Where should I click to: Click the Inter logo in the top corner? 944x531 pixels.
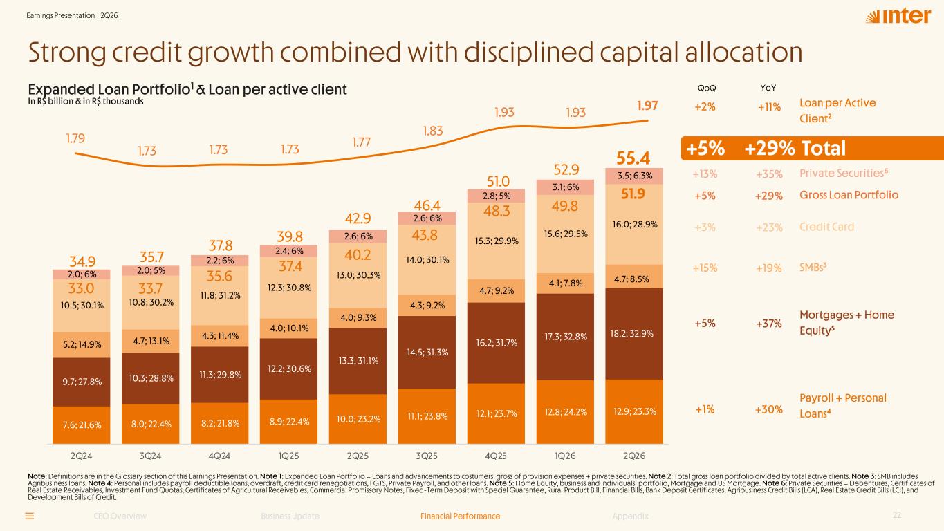click(x=898, y=16)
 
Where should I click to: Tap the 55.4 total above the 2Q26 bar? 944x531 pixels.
click(x=633, y=158)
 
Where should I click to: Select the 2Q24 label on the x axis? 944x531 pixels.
click(x=82, y=456)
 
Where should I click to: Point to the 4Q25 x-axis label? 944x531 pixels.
click(x=496, y=456)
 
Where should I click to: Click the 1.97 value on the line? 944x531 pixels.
click(x=647, y=105)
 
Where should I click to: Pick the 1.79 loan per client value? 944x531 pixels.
click(x=75, y=138)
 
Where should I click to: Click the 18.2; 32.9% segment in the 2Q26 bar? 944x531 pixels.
click(x=634, y=334)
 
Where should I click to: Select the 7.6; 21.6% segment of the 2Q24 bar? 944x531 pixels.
click(x=82, y=425)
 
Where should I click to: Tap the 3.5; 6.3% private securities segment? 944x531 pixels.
click(x=634, y=176)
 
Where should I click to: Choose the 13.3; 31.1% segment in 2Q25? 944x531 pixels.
click(x=358, y=361)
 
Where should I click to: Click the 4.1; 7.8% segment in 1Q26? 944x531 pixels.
click(x=565, y=283)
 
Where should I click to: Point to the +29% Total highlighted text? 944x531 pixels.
click(x=795, y=149)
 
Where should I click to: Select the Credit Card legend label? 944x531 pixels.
click(x=826, y=227)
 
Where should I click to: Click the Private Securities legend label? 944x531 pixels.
click(x=844, y=174)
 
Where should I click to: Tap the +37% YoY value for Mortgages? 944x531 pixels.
click(x=769, y=324)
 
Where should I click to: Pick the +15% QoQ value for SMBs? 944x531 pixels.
click(x=705, y=268)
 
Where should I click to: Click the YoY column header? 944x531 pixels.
click(x=768, y=88)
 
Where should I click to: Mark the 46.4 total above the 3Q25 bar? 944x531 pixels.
click(x=427, y=205)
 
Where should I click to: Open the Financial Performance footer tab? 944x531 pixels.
click(x=460, y=516)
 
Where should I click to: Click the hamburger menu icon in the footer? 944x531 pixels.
click(x=30, y=516)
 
